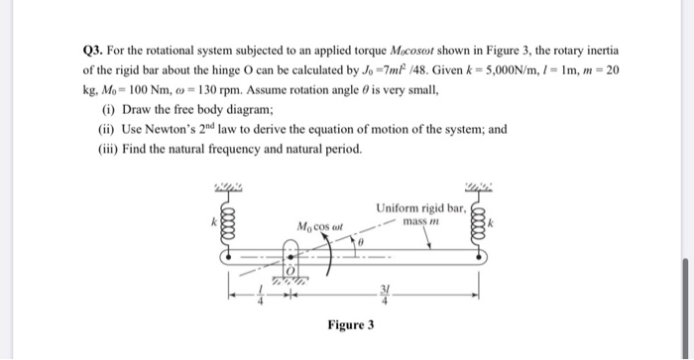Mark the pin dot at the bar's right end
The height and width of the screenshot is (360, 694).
[x=484, y=256]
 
